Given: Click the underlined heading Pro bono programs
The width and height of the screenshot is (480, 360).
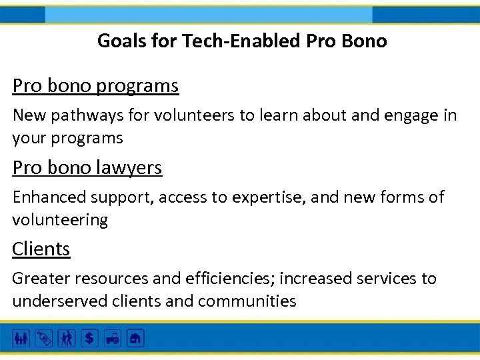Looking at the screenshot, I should (x=95, y=86).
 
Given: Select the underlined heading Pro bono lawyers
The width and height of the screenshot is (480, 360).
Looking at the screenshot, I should (x=87, y=167).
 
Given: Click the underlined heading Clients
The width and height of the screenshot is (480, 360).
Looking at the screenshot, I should (x=41, y=249).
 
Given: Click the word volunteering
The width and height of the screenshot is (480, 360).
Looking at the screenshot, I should (x=59, y=220).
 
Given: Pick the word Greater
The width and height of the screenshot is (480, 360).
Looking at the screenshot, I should (x=39, y=279).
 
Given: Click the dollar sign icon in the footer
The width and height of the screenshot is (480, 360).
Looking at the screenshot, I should (x=89, y=338).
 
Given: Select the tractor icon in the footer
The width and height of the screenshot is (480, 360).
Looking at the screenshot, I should (x=112, y=338).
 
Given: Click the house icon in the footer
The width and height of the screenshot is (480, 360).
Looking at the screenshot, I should (x=135, y=338).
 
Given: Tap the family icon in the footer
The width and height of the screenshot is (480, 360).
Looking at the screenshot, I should (x=21, y=338).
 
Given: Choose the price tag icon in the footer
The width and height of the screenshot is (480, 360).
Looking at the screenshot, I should (x=43, y=338).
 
